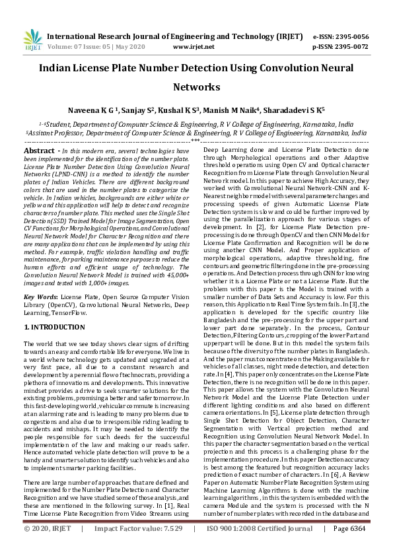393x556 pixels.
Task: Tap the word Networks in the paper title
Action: [x=196, y=87]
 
